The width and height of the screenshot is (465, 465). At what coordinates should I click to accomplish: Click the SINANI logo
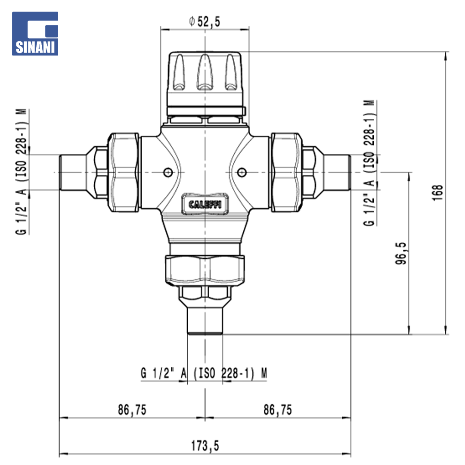[x=35, y=34]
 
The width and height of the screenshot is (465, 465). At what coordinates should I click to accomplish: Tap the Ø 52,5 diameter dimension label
[x=205, y=22]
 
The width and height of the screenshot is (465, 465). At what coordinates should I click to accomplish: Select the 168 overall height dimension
[x=438, y=193]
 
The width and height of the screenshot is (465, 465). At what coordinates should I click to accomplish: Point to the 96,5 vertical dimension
[x=401, y=253]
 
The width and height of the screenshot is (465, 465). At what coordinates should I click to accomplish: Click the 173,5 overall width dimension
[x=205, y=446]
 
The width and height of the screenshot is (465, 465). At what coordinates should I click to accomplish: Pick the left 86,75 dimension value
[x=132, y=409]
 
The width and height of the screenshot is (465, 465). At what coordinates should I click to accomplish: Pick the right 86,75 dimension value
[x=278, y=409]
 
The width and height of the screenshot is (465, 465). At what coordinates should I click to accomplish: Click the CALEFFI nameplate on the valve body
[x=205, y=204]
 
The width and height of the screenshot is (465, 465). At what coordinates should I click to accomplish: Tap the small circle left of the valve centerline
[x=168, y=172]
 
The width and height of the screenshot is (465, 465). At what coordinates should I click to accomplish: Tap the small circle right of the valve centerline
[x=242, y=172]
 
